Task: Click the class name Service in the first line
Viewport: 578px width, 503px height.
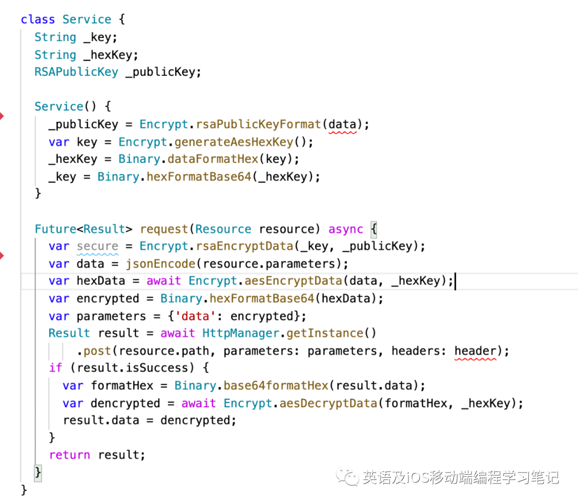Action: [86, 20]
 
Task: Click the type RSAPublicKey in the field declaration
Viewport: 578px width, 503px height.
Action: [76, 72]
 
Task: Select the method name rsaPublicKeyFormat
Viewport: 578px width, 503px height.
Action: [258, 125]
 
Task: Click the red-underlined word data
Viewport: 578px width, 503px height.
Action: [342, 125]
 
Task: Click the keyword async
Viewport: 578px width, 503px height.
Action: [346, 229]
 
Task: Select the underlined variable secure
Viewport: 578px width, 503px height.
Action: [97, 246]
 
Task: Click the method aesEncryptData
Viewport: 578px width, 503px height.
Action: [293, 281]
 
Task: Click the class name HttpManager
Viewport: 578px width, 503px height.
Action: [241, 334]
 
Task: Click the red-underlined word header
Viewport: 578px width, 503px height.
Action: [475, 351]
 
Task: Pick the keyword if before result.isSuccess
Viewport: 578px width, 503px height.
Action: [55, 368]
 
